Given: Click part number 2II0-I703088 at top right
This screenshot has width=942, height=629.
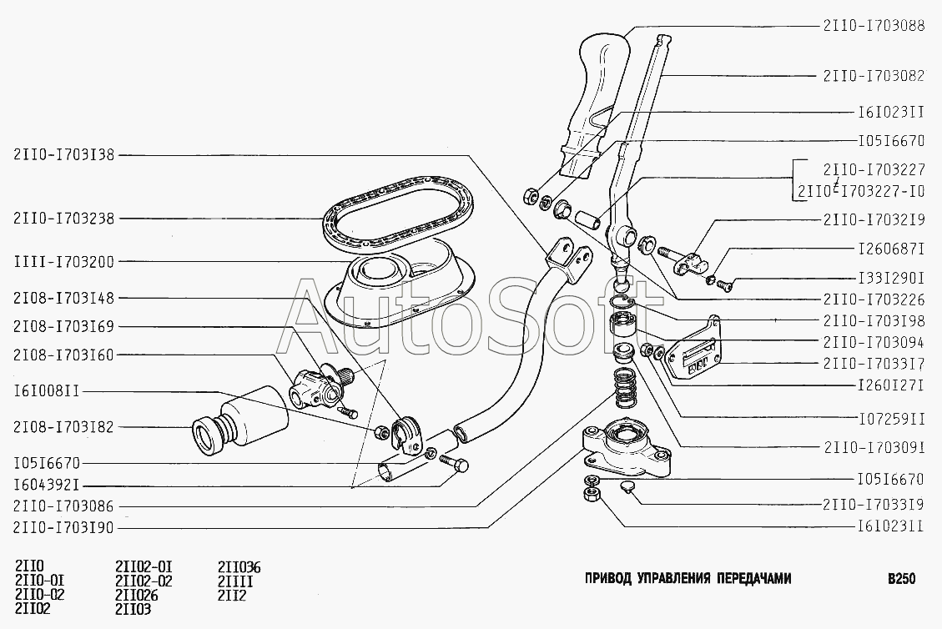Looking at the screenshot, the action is [x=874, y=26].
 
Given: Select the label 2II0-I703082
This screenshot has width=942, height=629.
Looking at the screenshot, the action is [x=874, y=75].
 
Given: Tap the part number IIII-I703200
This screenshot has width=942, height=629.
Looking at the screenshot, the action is [x=63, y=261].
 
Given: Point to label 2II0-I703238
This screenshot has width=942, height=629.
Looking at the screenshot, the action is [x=63, y=219].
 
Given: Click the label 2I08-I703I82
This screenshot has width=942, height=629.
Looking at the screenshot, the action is [x=63, y=427].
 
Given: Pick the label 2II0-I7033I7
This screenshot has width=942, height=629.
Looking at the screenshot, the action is [x=874, y=364].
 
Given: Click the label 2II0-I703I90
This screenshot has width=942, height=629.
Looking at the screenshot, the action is [x=63, y=527].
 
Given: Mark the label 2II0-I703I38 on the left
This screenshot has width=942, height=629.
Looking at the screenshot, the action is [x=63, y=154].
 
